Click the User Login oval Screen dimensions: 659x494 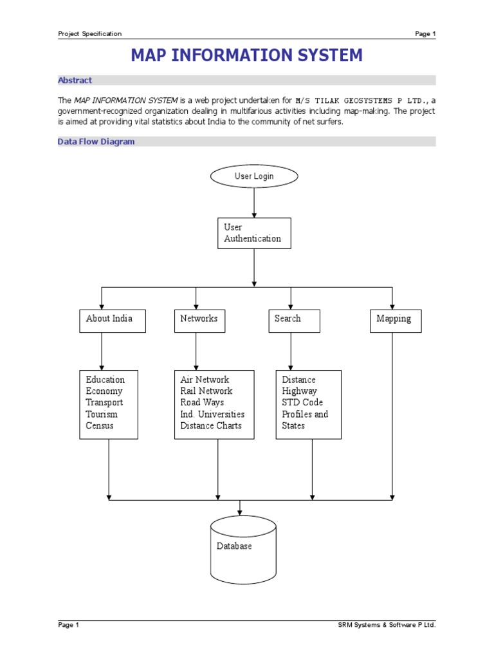255,176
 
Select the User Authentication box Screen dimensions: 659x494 254,233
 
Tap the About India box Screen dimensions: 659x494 113,320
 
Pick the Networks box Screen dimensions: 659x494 199,320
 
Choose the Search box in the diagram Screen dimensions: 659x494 294,320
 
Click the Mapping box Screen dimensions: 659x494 395,320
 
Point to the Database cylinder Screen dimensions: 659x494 243,547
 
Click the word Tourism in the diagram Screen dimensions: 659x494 102,414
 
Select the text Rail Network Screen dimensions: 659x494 206,391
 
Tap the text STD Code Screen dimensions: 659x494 302,402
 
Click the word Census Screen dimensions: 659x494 100,425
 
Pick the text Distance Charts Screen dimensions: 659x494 211,425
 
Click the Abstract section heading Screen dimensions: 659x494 75,80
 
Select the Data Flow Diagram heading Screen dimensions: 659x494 96,142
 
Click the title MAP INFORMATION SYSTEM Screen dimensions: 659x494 247,55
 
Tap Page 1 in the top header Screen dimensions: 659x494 425,34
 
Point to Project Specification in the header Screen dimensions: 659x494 89,34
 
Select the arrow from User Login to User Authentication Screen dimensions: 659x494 255,203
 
